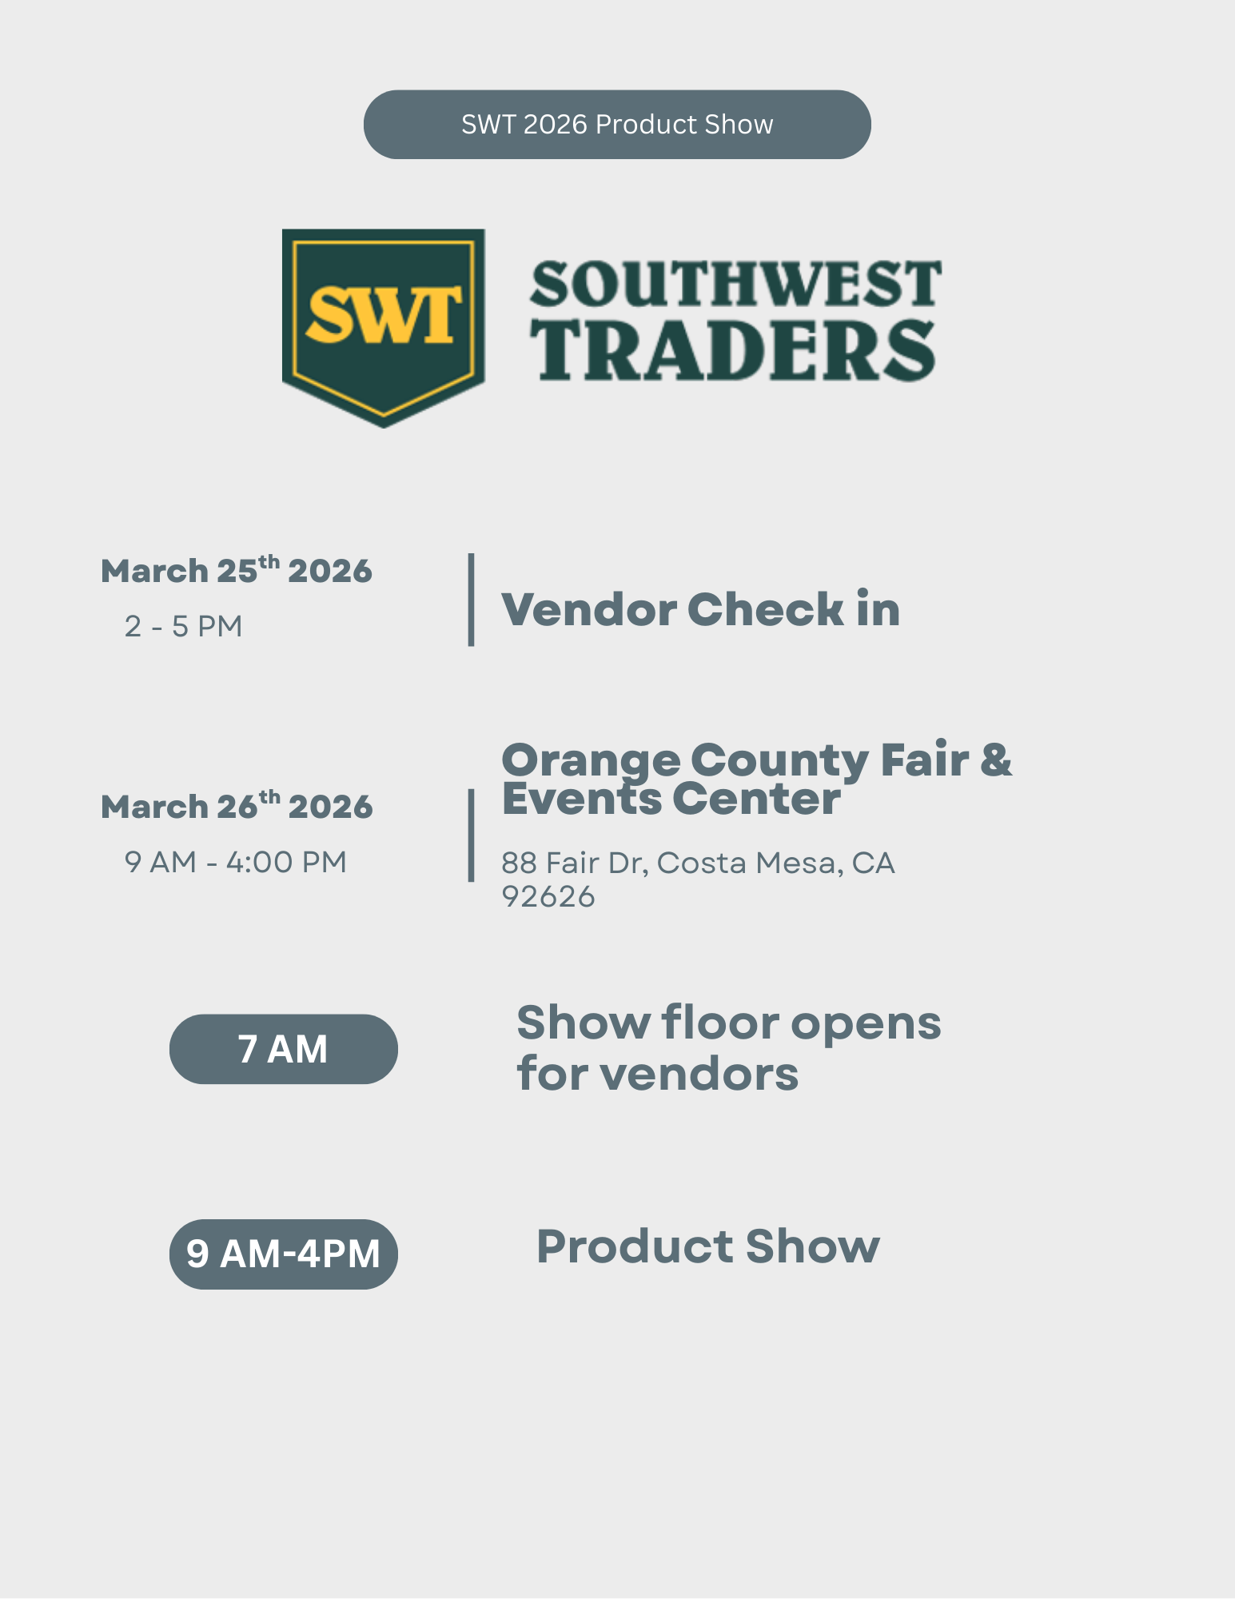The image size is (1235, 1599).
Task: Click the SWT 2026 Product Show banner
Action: point(617,125)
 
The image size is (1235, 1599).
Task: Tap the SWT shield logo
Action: point(384,324)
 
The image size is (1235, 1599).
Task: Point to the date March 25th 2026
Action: point(237,571)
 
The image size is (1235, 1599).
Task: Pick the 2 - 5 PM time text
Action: point(184,626)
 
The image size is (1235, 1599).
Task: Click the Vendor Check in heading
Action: point(700,609)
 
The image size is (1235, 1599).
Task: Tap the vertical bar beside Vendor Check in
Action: point(471,599)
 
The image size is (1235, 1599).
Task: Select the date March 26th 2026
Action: point(237,806)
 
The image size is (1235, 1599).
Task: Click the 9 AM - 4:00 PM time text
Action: point(236,862)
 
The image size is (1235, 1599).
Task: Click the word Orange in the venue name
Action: point(590,760)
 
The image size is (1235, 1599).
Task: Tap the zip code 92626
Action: point(548,897)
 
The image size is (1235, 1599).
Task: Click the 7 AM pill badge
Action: point(283,1049)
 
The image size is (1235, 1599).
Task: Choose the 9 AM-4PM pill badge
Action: point(283,1254)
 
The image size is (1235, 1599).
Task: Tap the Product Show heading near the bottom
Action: point(707,1246)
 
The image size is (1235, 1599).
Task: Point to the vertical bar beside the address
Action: point(471,835)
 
